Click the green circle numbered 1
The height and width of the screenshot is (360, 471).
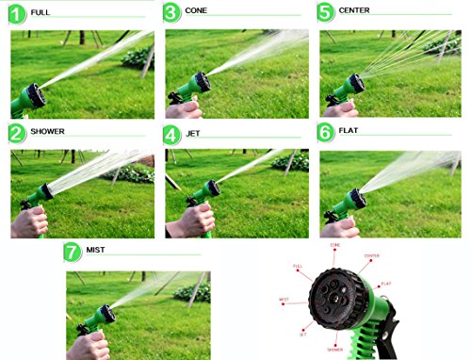click(16, 12)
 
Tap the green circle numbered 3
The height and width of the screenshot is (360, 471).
click(171, 12)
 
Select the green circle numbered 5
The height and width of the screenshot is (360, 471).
click(325, 12)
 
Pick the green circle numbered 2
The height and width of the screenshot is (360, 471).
click(16, 133)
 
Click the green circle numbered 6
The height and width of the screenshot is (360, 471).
click(325, 133)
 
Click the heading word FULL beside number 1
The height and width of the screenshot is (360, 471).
click(41, 12)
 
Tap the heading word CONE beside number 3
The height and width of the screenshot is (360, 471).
click(197, 12)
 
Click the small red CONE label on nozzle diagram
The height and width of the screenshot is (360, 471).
click(334, 245)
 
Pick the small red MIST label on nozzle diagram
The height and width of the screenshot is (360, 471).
click(284, 299)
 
